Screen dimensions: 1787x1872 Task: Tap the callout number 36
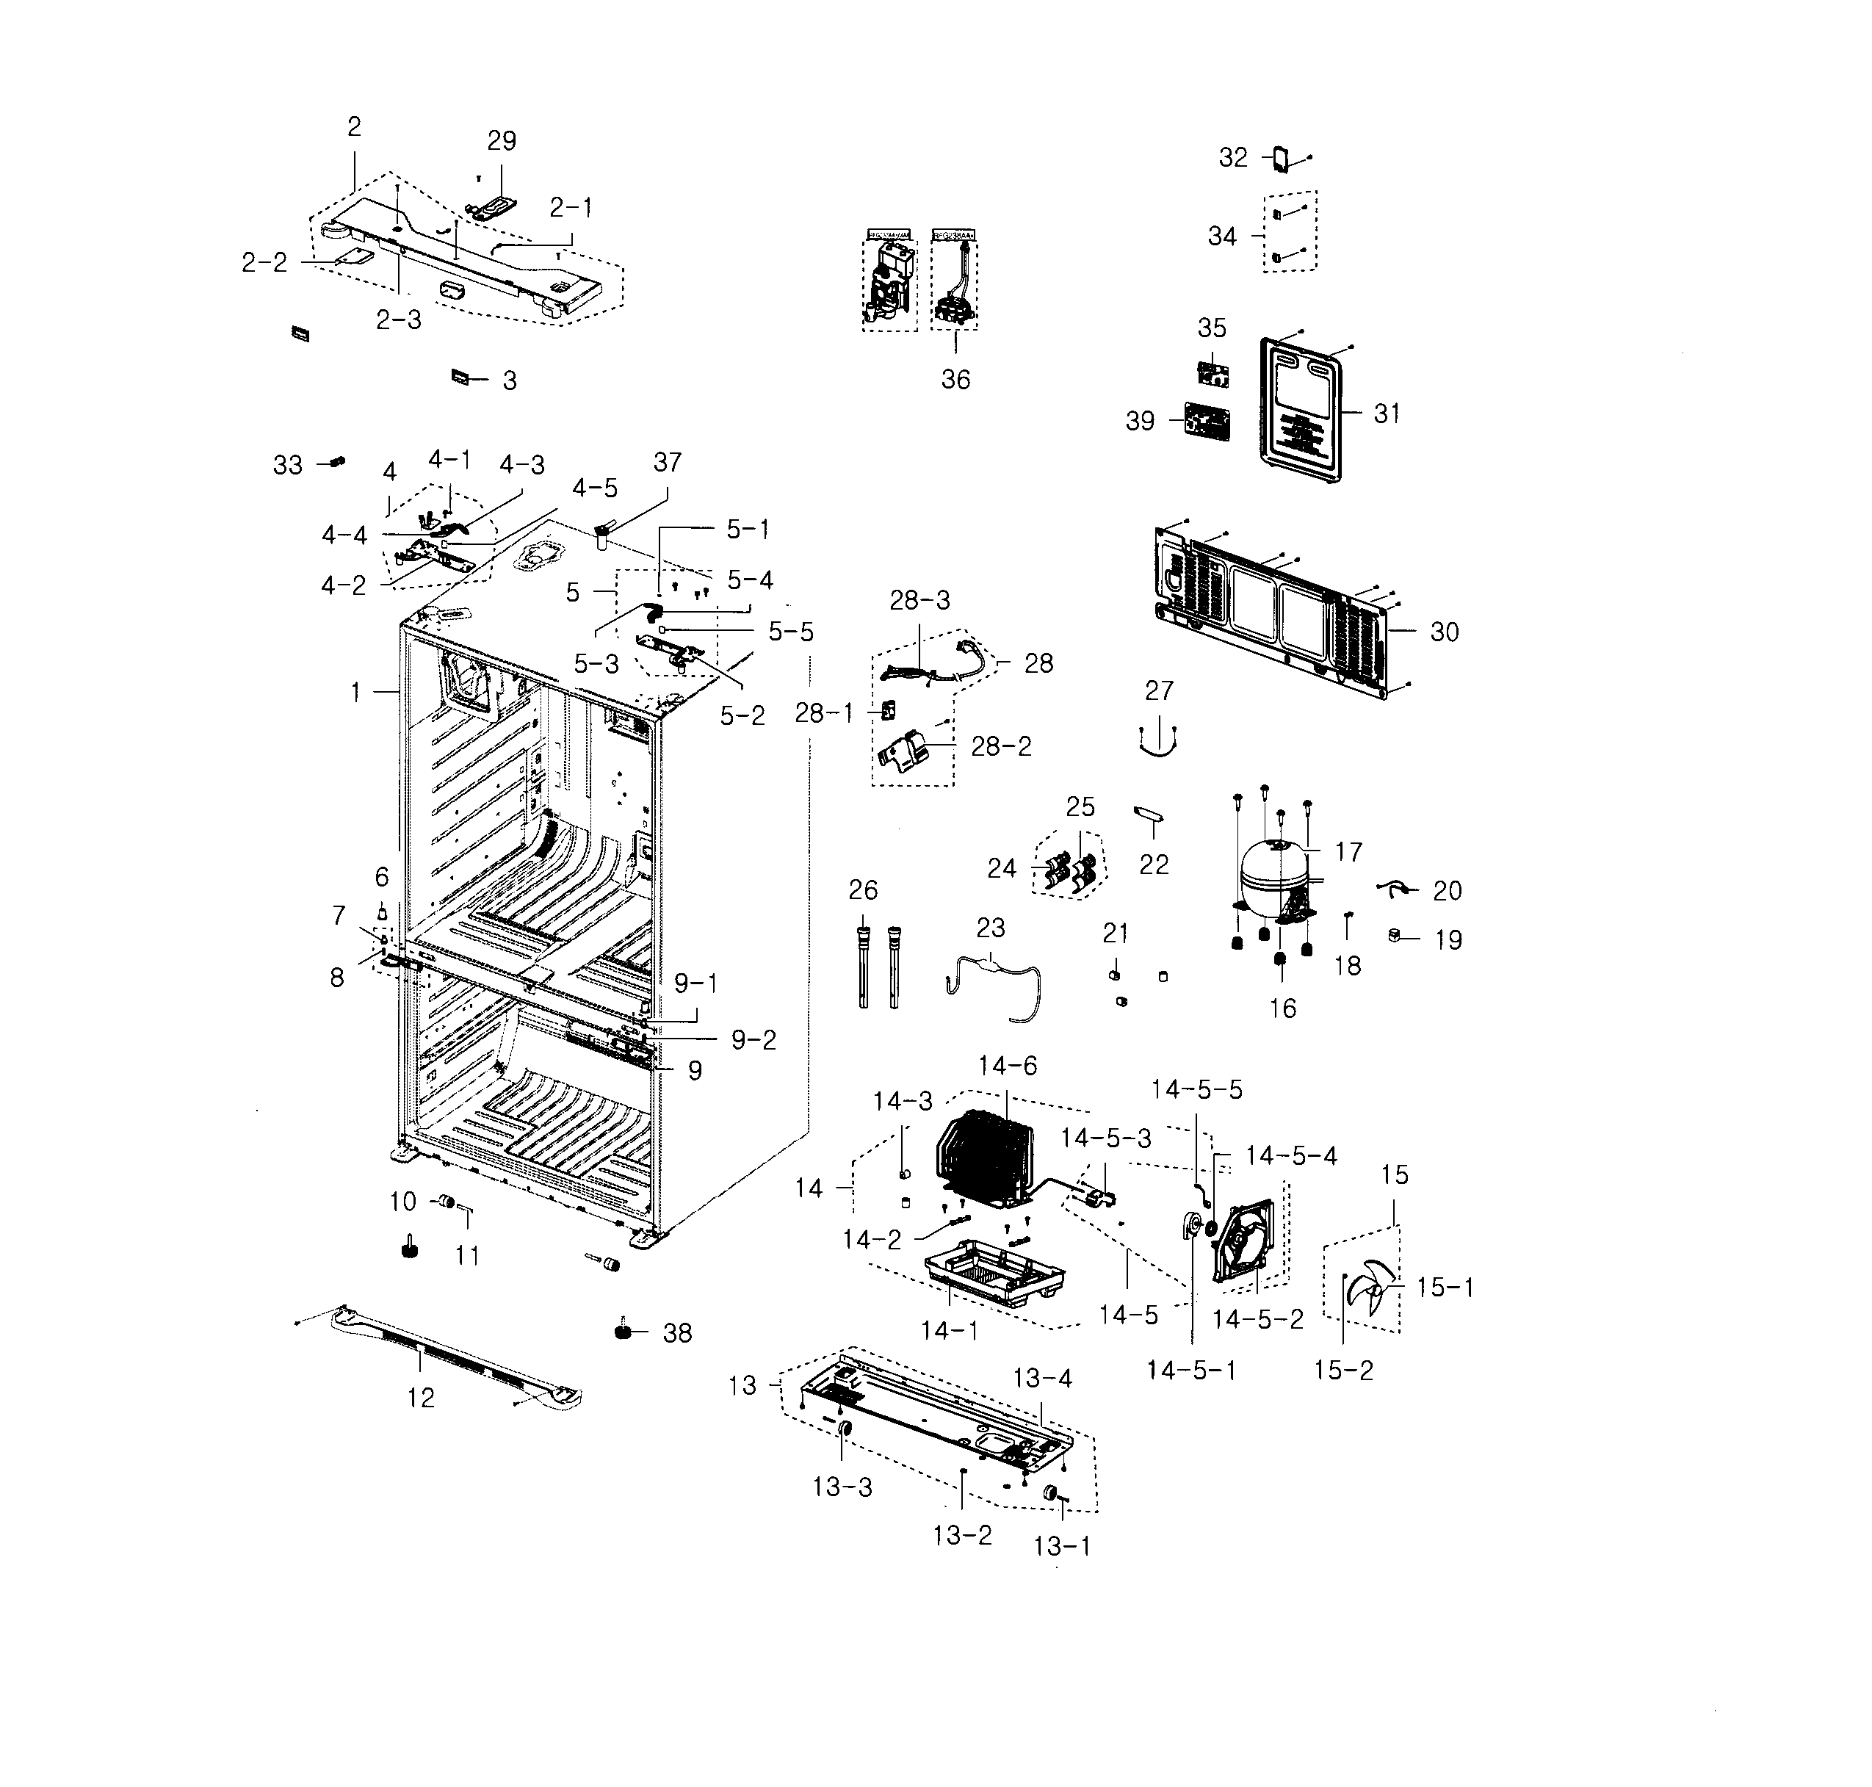(955, 379)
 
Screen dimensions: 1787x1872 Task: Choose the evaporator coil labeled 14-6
(984, 1155)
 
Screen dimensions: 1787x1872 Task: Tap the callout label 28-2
(1000, 746)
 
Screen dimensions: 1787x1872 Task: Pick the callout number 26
(862, 889)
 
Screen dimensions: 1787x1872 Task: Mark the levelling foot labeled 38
(624, 1331)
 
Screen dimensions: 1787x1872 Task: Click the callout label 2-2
(264, 263)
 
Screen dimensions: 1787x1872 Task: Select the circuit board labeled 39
(1205, 420)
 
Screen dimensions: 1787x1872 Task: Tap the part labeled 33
(336, 462)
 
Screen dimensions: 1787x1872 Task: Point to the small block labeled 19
(1395, 936)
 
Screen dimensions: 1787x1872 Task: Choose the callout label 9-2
(753, 1040)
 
